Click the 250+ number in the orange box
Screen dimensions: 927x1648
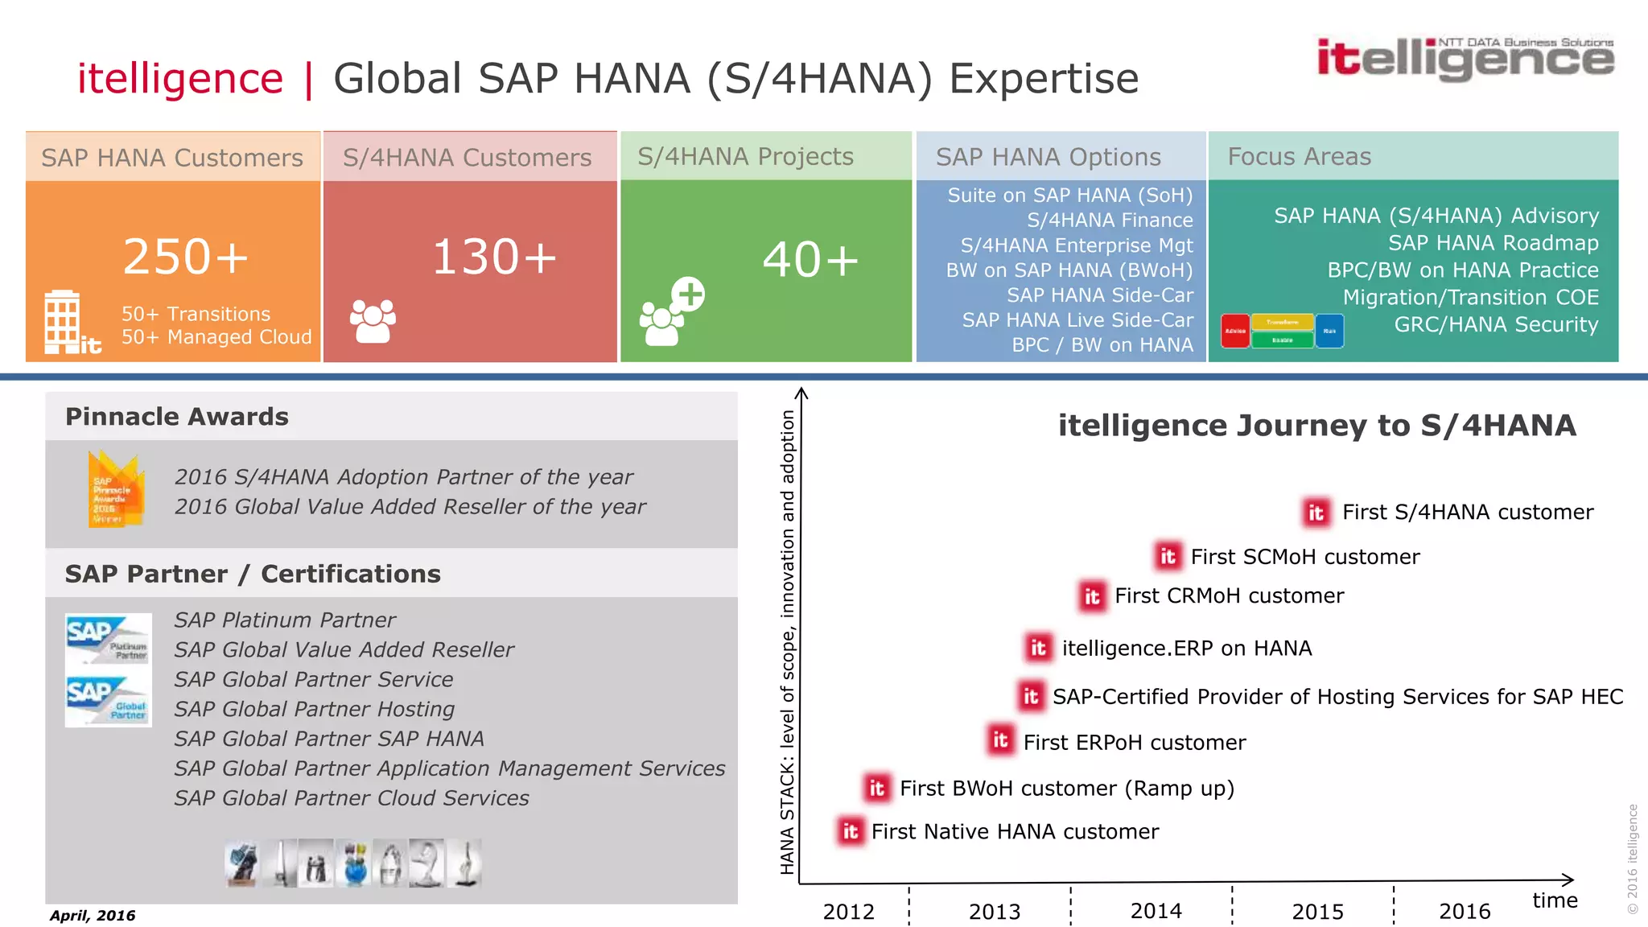[186, 257]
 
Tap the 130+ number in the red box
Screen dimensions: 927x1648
[494, 257]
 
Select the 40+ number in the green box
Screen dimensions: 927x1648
[810, 261]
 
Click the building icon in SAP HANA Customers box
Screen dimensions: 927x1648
[63, 322]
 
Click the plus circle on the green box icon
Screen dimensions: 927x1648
[689, 295]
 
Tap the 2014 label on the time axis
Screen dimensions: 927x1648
[1156, 911]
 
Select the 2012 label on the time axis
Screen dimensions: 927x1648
[849, 912]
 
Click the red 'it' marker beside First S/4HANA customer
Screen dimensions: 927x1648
[1316, 513]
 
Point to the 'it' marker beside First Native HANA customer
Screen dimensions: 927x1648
[851, 831]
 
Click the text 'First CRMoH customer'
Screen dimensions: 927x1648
[1229, 596]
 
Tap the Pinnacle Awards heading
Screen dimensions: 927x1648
[177, 417]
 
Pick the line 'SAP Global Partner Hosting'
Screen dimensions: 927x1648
[315, 709]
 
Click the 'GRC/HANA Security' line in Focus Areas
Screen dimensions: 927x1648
[1496, 325]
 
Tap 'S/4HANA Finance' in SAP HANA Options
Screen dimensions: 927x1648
[1110, 220]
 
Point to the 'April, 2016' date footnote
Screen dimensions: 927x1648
[93, 916]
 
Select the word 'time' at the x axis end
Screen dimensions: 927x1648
[1555, 900]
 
